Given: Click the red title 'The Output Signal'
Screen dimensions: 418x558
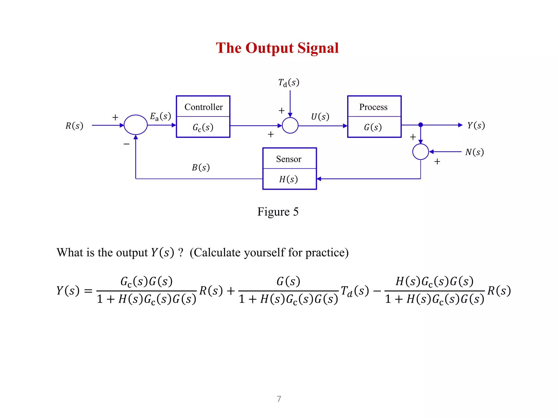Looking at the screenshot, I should [x=277, y=48].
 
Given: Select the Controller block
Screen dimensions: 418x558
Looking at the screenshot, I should [x=203, y=117].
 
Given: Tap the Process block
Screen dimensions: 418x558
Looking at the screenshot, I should [x=374, y=117].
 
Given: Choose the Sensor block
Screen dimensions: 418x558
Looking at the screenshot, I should [x=289, y=169].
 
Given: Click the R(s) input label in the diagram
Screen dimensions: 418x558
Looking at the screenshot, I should [x=74, y=126].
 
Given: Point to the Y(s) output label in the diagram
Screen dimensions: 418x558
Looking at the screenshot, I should [x=476, y=125].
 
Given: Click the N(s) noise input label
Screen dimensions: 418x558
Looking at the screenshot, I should [x=474, y=152].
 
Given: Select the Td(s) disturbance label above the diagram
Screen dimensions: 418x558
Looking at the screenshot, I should [x=289, y=82].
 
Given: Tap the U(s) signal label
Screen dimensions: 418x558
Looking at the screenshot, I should [x=320, y=117].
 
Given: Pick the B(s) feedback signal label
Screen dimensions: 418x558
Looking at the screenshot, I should [x=201, y=167].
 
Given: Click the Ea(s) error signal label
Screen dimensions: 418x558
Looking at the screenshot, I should [x=160, y=116].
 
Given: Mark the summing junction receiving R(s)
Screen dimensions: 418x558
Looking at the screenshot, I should [x=136, y=125].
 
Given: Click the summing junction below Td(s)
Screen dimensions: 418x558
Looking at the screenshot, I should [x=290, y=125].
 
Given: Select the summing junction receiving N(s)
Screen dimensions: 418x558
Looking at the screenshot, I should [x=421, y=152].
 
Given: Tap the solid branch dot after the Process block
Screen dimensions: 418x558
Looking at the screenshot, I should [x=421, y=125].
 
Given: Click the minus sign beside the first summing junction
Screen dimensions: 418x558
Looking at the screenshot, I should [x=126, y=144].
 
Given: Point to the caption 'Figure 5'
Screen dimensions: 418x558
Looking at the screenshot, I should [x=278, y=212].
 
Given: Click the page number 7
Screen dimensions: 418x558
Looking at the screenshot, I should [x=279, y=399].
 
